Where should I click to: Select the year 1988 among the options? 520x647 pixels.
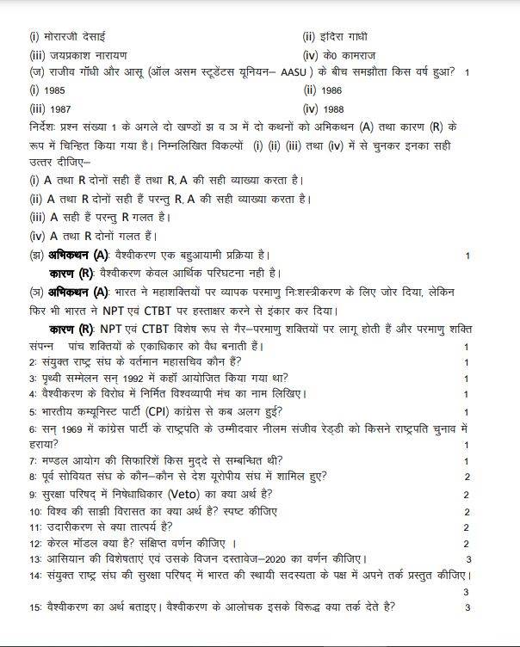(334, 108)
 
